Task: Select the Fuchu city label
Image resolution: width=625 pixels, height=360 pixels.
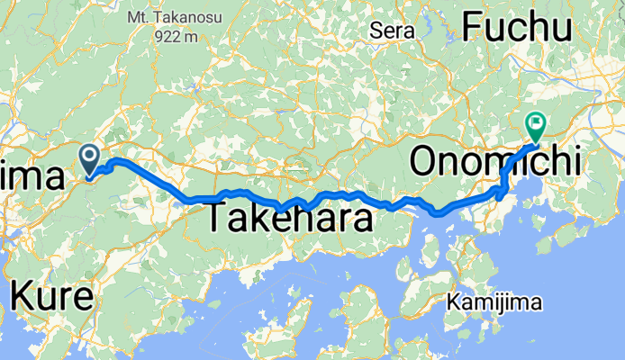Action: pyautogui.click(x=517, y=28)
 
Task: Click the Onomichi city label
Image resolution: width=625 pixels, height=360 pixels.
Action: pyautogui.click(x=495, y=163)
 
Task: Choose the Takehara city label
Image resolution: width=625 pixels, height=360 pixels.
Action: pyautogui.click(x=291, y=219)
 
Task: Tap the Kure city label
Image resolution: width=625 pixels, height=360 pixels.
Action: pyautogui.click(x=52, y=296)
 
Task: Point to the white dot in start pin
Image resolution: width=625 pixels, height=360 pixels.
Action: pyautogui.click(x=91, y=157)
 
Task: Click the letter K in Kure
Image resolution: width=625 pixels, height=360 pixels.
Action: pyautogui.click(x=23, y=296)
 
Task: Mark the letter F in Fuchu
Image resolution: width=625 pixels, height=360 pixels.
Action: pyautogui.click(x=473, y=28)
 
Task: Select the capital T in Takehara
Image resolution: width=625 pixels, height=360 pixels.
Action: pyautogui.click(x=219, y=219)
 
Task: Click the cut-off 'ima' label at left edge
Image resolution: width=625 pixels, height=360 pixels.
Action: pyautogui.click(x=32, y=176)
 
